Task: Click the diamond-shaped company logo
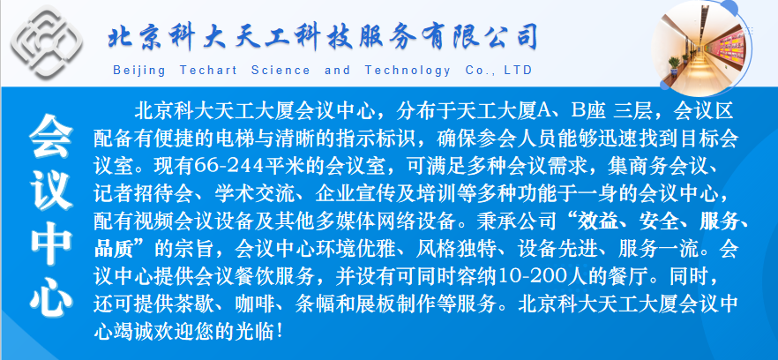pyautogui.click(x=47, y=41)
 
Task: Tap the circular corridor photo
pyautogui.click(x=701, y=48)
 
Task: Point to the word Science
pyautogui.click(x=281, y=70)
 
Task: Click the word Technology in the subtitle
pyautogui.click(x=408, y=71)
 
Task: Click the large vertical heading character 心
pyautogui.click(x=50, y=296)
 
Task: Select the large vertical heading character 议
pyautogui.click(x=50, y=191)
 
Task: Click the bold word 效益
pyautogui.click(x=596, y=221)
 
